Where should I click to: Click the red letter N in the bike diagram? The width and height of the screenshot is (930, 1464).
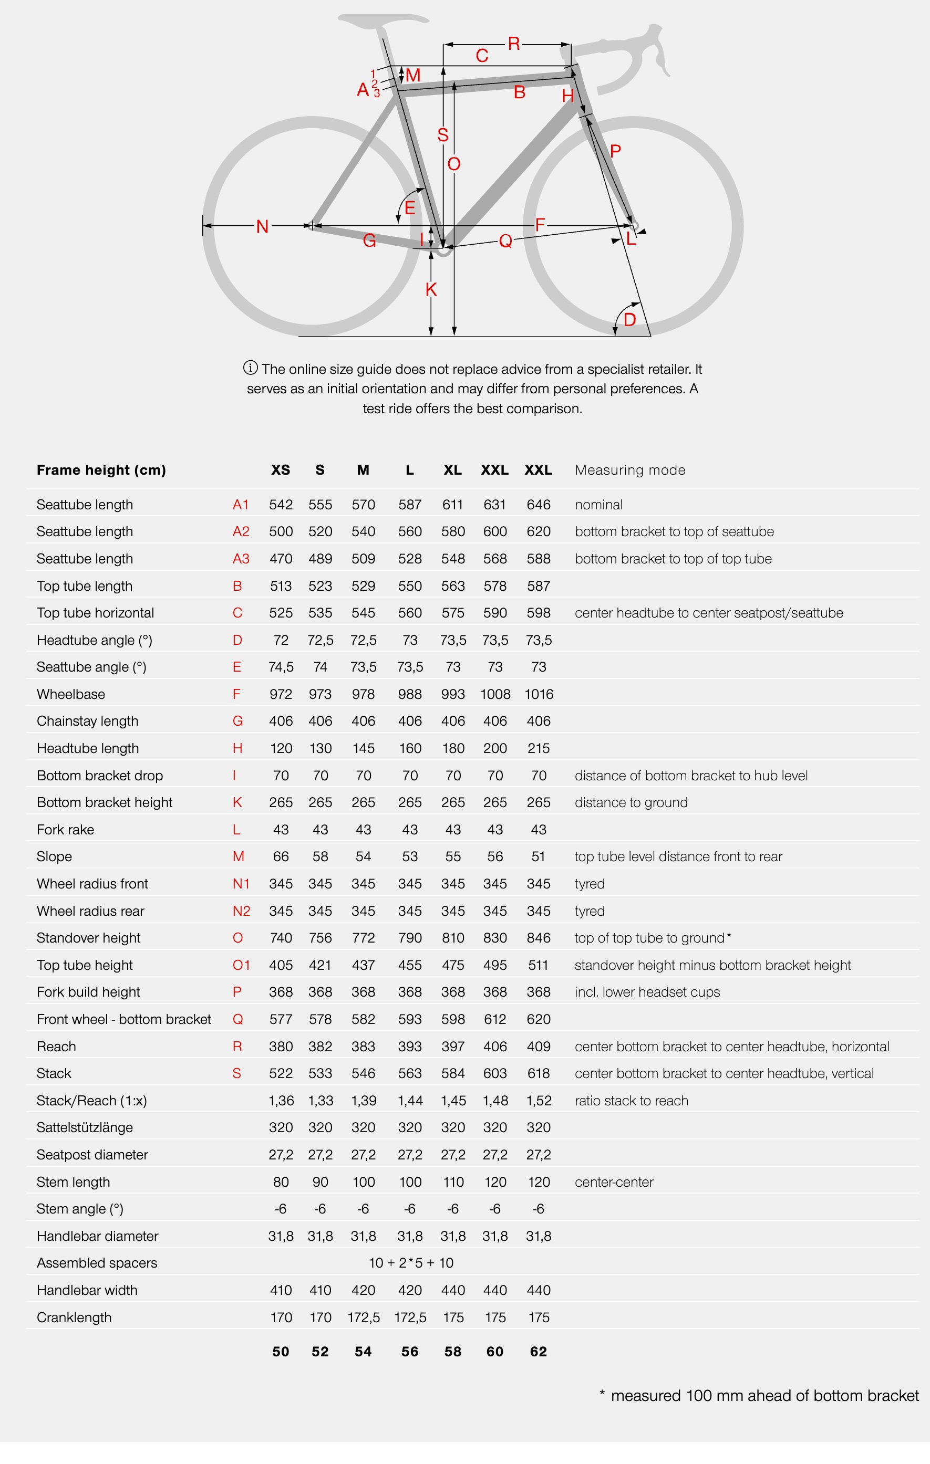pyautogui.click(x=262, y=227)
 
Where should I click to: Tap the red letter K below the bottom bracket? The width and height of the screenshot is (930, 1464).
pyautogui.click(x=431, y=289)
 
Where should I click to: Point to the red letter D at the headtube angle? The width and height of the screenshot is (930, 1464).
pyautogui.click(x=629, y=320)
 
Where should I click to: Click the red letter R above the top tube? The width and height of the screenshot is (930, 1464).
pyautogui.click(x=513, y=44)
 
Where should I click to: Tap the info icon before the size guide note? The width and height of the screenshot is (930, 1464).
pyautogui.click(x=250, y=368)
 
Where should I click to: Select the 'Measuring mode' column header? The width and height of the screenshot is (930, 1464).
pyautogui.click(x=629, y=470)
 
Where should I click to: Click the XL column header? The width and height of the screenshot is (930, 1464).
pyautogui.click(x=452, y=470)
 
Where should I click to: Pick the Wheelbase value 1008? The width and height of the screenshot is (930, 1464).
pyautogui.click(x=495, y=694)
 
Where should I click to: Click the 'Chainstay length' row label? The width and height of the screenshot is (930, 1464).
pyautogui.click(x=88, y=721)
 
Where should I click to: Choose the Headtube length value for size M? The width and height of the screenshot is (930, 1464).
pyautogui.click(x=363, y=748)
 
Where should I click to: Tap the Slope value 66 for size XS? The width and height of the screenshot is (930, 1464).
pyautogui.click(x=281, y=856)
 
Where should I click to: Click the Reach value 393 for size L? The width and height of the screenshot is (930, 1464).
pyautogui.click(x=410, y=1047)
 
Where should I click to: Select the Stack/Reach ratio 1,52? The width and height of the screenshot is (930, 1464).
pyautogui.click(x=538, y=1101)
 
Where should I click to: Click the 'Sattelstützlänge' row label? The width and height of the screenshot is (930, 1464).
pyautogui.click(x=85, y=1127)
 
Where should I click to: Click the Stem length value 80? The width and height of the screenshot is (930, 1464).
pyautogui.click(x=281, y=1182)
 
